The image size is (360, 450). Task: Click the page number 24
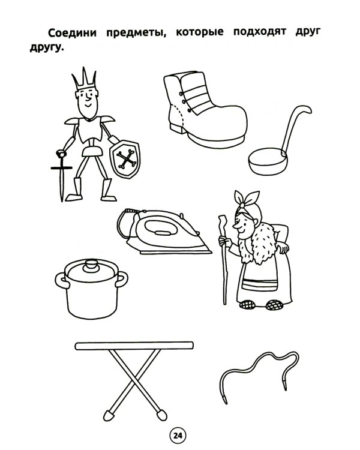178,436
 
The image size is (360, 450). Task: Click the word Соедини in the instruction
72,33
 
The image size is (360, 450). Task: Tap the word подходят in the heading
260,32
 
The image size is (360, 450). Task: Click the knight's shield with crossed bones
125,159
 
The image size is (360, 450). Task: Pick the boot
205,109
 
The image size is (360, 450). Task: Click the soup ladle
278,141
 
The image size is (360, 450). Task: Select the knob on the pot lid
91,265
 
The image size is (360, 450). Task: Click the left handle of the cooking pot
61,281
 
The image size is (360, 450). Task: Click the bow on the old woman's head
247,199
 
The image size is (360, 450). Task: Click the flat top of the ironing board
134,346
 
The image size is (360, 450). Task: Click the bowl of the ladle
268,161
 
